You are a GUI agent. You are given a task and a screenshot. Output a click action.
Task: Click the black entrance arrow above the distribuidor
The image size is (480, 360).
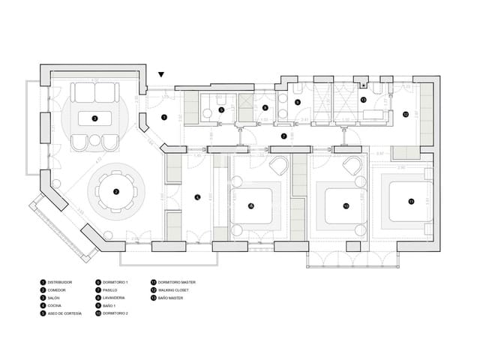162,74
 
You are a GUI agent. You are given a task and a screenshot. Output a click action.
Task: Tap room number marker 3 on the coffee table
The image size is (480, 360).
94,118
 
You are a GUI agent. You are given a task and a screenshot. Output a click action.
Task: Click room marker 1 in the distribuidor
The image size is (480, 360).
163,117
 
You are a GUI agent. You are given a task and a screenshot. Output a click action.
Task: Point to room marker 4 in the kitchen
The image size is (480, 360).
197,197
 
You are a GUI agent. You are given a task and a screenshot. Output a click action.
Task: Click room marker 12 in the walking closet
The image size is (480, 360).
405,115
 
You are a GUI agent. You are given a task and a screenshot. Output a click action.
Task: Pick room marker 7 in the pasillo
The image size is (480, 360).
283,136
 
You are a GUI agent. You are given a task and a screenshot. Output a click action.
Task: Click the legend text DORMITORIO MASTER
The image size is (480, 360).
175,282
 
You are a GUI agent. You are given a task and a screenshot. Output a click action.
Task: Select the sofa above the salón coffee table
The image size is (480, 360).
94,92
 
